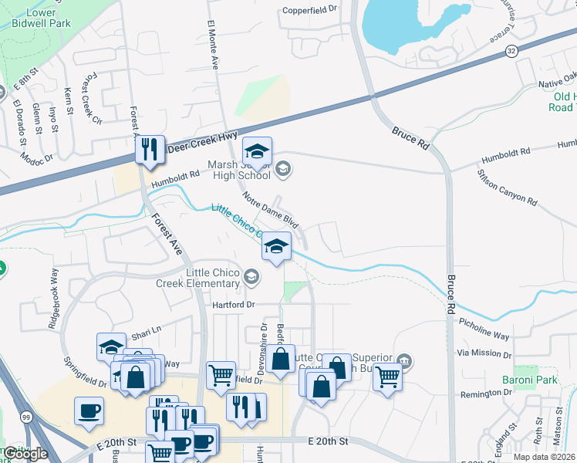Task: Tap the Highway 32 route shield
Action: (511, 50)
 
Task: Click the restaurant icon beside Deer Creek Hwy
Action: (150, 149)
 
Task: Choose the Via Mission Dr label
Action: (484, 353)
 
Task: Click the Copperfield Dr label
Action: (310, 10)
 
